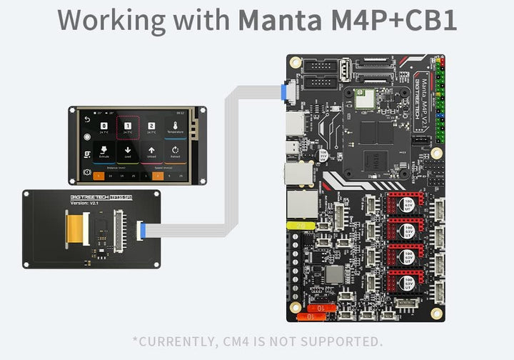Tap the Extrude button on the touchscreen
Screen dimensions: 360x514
pos(104,152)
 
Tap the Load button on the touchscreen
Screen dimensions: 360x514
pos(128,152)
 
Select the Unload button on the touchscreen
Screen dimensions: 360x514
pos(151,152)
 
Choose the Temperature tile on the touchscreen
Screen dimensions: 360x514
pos(175,128)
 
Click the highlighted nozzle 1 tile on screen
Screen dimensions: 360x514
pos(128,128)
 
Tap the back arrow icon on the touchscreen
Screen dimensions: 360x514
pos(88,119)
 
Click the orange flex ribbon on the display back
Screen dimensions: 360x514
pos(74,231)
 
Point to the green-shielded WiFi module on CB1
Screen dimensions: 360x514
pos(366,99)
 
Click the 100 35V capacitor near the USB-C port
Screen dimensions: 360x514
pos(323,154)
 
